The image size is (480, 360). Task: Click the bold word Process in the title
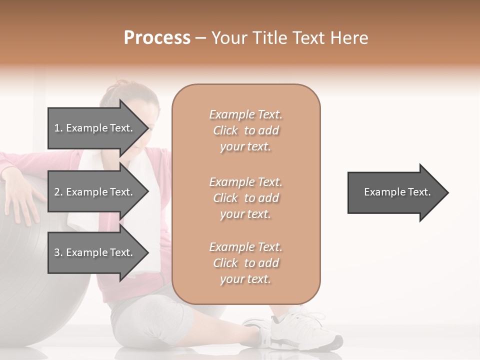coord(157,38)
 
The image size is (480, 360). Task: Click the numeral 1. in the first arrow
coord(58,128)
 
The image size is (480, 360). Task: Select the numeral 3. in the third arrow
coord(58,252)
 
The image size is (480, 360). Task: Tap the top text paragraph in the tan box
coord(245,130)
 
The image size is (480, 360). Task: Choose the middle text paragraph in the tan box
coord(245,198)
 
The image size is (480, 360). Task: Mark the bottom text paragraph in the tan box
coord(245,263)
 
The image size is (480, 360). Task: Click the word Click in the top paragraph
coord(225,130)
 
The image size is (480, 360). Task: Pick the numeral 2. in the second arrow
coord(58,192)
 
